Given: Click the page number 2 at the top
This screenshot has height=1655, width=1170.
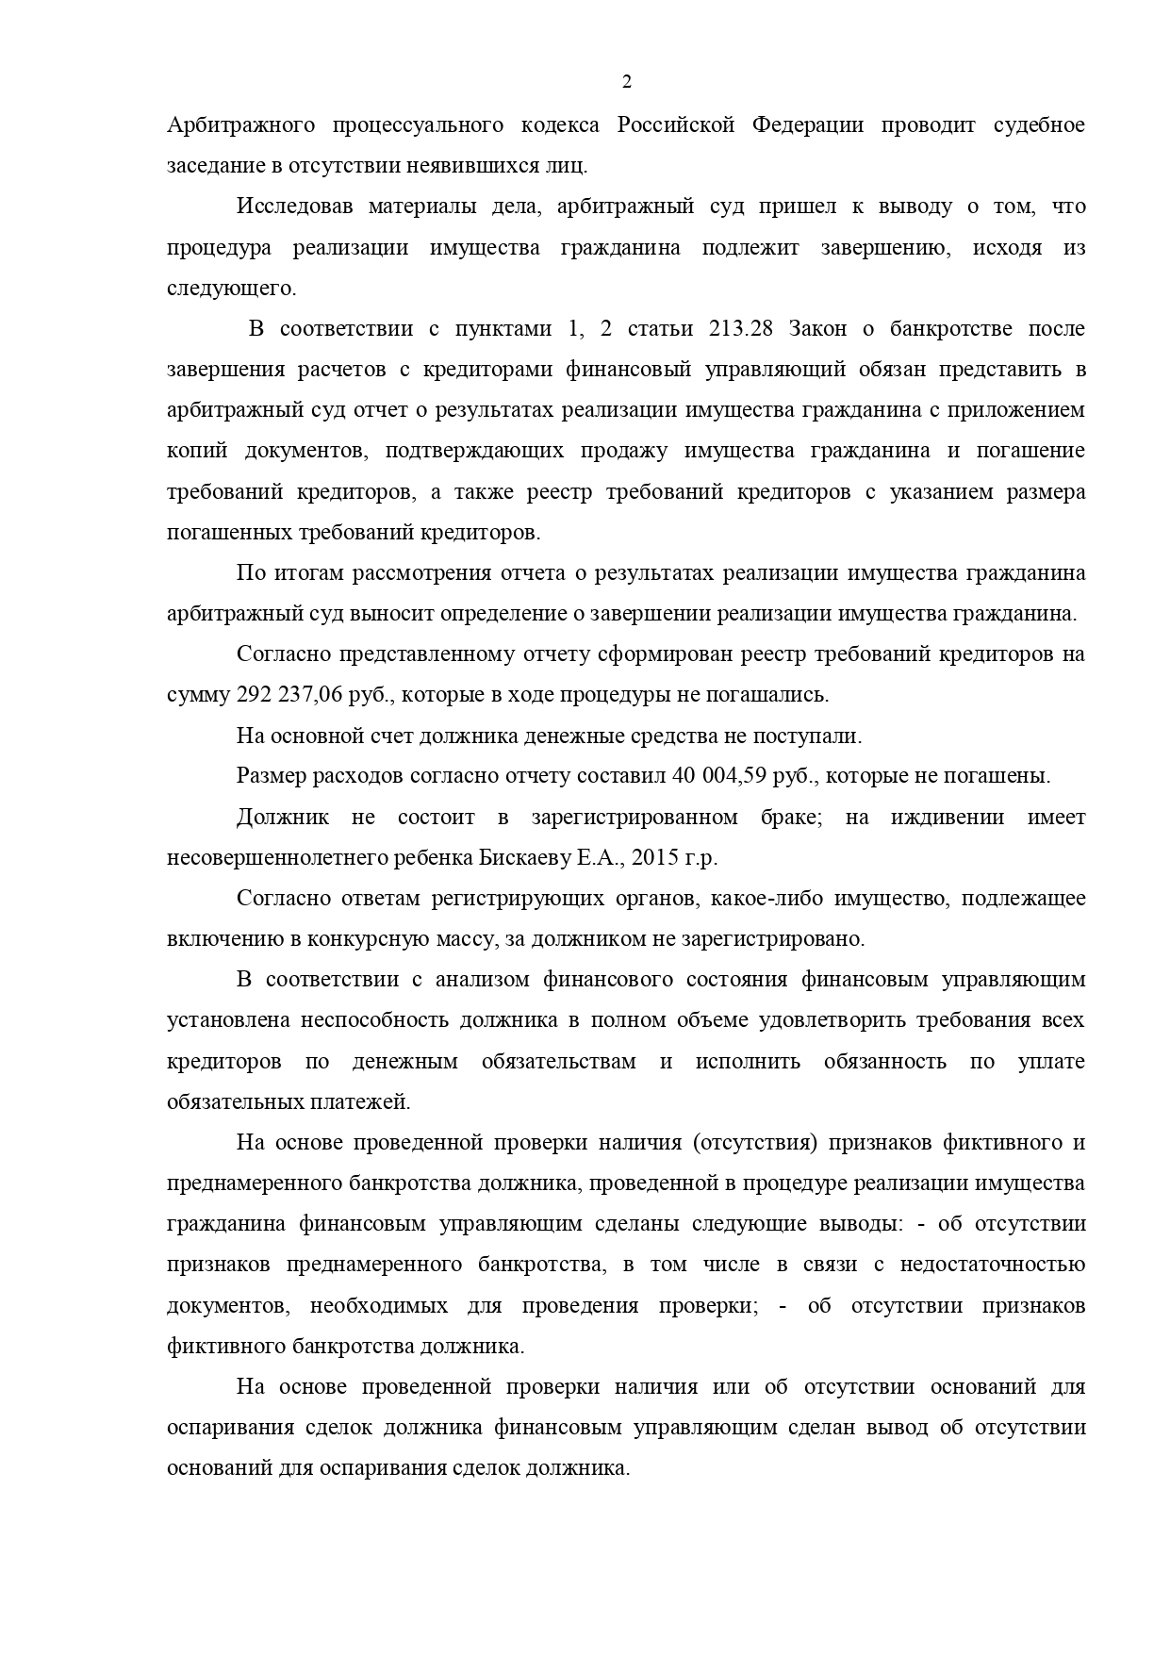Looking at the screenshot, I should tap(627, 82).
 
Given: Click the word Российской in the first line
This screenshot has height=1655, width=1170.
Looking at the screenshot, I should tap(675, 125).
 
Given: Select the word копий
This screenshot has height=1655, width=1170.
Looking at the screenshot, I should tap(197, 451).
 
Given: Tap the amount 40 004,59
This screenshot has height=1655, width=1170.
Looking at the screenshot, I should tap(718, 776).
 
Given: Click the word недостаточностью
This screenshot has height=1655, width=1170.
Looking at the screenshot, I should tap(992, 1265).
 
